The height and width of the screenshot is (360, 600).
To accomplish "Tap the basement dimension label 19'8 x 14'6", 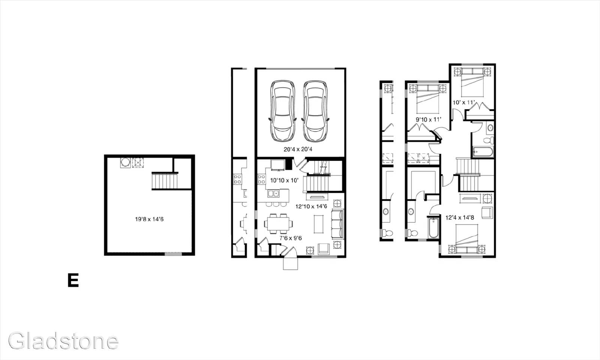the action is coord(149,219).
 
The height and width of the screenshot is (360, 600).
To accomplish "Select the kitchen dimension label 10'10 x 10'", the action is coord(284,180).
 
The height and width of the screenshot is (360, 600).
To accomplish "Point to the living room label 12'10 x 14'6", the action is coord(311,207).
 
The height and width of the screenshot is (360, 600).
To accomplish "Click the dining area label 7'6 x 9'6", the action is coord(291,238).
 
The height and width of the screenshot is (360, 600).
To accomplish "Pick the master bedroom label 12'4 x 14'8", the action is coord(460,218).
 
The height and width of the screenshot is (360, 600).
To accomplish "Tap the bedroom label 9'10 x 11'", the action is coord(428,120).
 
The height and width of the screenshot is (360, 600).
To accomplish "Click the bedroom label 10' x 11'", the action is coord(463,102).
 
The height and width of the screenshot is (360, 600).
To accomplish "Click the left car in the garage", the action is coord(283,111).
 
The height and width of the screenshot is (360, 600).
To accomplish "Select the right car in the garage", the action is coord(315,111).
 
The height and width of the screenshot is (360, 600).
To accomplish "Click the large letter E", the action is coord(73,280).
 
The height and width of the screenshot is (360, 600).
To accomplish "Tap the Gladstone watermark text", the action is coord(63,341).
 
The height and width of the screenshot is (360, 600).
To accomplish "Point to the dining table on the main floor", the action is coord(278,223).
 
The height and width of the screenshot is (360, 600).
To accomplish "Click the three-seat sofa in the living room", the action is coord(337,224).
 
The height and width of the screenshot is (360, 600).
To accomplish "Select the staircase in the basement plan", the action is coord(165,181).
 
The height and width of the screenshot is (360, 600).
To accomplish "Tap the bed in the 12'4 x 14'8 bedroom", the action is coord(466,238).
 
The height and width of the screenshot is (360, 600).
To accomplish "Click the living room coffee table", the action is coord(318,224).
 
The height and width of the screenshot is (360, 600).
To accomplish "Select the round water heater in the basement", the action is coord(125,162).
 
